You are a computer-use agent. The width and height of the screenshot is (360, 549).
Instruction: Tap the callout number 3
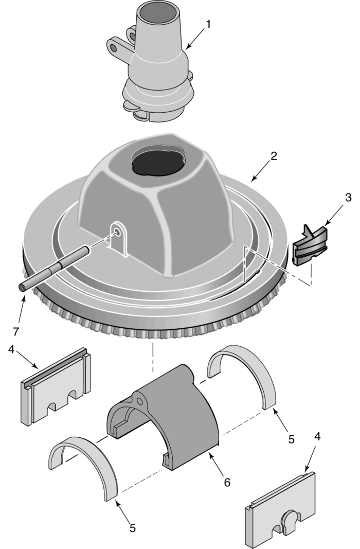[334, 198]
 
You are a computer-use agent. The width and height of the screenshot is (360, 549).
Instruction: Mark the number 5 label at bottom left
[133, 527]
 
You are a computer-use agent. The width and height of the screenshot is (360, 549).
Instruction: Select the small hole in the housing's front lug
[119, 233]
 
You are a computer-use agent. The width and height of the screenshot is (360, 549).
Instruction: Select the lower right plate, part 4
[280, 509]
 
